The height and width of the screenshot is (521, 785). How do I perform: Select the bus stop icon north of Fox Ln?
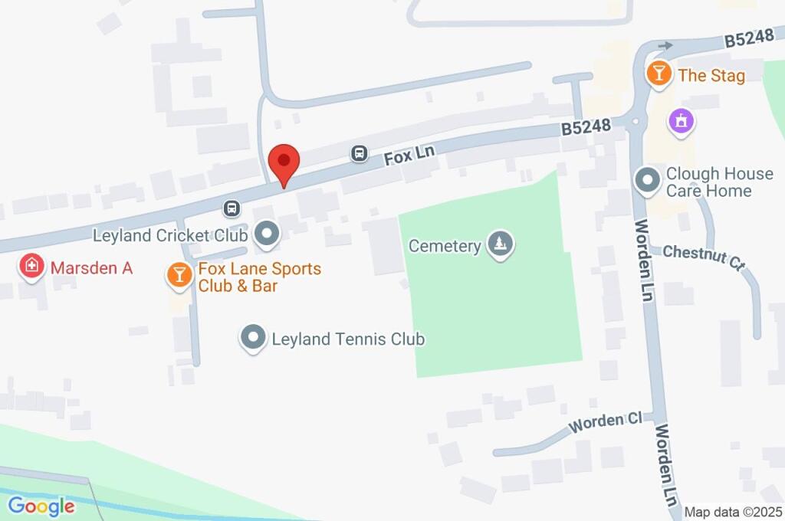tap(359, 154)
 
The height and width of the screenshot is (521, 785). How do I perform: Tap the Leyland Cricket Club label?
tap(169, 235)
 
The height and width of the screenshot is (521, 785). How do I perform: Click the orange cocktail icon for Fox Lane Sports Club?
tap(179, 276)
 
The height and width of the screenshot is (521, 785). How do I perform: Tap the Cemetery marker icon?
tap(501, 245)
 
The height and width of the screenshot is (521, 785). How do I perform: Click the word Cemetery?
tap(445, 246)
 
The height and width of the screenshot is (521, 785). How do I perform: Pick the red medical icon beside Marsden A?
tap(31, 267)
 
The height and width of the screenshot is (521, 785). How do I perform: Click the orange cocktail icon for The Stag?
tap(658, 74)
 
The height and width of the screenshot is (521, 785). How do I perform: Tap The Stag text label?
tap(711, 75)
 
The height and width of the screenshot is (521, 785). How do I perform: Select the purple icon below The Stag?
tap(681, 120)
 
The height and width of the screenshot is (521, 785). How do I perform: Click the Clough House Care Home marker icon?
tap(648, 182)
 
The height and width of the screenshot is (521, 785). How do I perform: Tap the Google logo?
tap(41, 506)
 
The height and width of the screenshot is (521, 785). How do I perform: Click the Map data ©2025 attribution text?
tap(732, 512)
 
